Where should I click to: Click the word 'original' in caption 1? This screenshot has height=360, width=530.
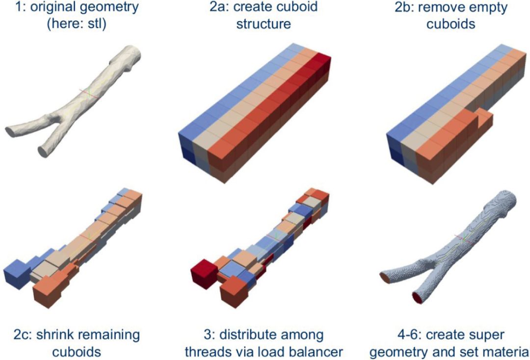pos(56,7)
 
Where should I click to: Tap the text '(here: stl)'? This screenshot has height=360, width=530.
pos(77,25)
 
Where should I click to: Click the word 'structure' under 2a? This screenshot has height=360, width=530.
pos(264,25)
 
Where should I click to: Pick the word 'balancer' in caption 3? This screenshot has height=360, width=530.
pos(317,352)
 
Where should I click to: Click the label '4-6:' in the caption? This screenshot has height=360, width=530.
pos(409,335)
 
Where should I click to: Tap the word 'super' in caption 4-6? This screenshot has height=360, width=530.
pos(486,336)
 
